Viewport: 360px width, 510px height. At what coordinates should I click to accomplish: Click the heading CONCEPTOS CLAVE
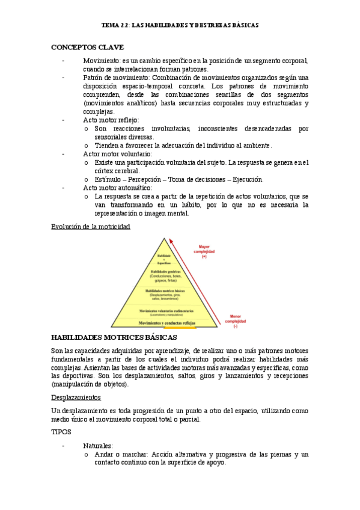pyautogui.click(x=87, y=47)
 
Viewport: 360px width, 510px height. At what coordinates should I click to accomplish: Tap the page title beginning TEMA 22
pyautogui.click(x=180, y=26)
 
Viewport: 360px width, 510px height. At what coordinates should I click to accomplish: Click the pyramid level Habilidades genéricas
pyautogui.click(x=164, y=275)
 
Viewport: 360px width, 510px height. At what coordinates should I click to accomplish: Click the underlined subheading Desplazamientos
pyautogui.click(x=76, y=398)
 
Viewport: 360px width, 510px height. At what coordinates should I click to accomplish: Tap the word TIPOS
pyautogui.click(x=61, y=432)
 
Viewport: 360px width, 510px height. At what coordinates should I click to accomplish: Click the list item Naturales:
pyautogui.click(x=97, y=446)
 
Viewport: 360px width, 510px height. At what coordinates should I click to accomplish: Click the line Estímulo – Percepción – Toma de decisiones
pyautogui.click(x=178, y=179)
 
